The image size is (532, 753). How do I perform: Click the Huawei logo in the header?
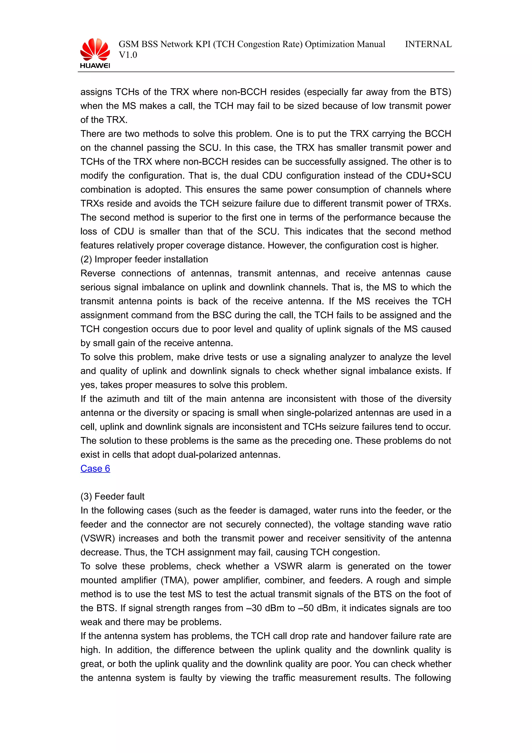(x=95, y=53)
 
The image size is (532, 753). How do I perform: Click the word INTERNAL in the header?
(x=428, y=44)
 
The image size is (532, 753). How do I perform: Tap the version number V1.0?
(x=128, y=55)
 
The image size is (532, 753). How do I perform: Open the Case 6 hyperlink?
(x=95, y=468)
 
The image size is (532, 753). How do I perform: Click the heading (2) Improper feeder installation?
(x=144, y=259)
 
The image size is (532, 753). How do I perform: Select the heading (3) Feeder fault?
(x=112, y=497)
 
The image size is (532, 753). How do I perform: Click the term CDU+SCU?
(x=428, y=176)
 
